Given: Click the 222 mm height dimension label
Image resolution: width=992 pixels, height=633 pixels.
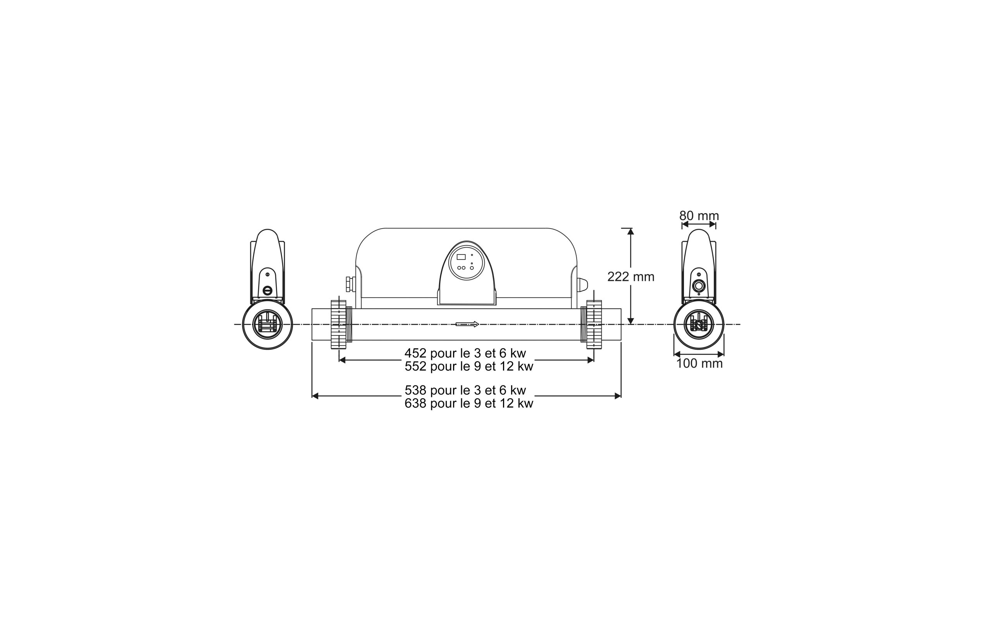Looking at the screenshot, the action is (631, 277).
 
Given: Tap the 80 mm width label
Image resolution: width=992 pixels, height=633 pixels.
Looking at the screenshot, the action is (699, 216).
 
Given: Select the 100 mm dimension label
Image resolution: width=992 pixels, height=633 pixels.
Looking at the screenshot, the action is (699, 364).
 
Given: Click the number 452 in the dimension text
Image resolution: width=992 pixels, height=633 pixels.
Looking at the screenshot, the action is (415, 353).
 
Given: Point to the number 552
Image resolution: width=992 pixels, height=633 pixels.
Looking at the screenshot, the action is (415, 366).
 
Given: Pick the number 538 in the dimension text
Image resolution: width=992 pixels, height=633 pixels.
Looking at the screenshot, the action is (415, 390).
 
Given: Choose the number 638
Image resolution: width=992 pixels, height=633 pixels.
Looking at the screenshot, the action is (415, 403).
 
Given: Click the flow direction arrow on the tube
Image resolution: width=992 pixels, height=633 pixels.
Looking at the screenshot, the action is (467, 324).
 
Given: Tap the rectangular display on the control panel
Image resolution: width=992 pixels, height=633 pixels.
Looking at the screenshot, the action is (462, 257).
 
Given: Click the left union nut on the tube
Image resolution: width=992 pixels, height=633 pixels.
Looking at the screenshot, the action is (339, 325).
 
